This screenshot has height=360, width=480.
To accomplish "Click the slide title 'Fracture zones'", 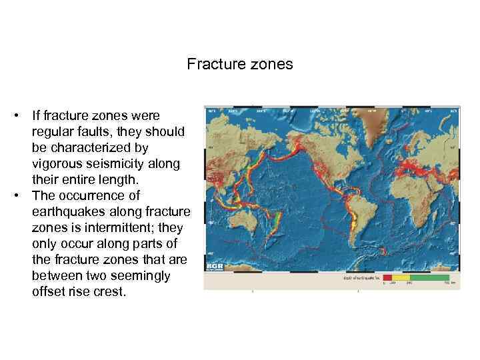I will pos(239,65).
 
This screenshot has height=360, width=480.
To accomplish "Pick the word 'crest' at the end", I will pos(110,291).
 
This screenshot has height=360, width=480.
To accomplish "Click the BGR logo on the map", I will pos(215,267).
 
